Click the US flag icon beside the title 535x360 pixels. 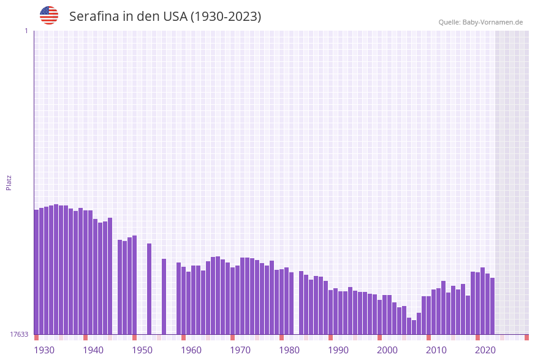pyautogui.click(x=49, y=15)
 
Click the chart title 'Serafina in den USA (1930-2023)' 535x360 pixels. pyautogui.click(x=165, y=17)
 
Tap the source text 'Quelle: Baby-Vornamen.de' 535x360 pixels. pyautogui.click(x=480, y=22)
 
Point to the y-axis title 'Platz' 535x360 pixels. pyautogui.click(x=9, y=182)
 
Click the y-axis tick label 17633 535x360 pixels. pyautogui.click(x=19, y=334)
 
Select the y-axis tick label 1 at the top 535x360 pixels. pyautogui.click(x=26, y=31)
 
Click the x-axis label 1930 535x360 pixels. pyautogui.click(x=44, y=350)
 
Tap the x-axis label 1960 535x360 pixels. pyautogui.click(x=191, y=350)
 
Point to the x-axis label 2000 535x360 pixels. pyautogui.click(x=387, y=350)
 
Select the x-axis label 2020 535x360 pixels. pyautogui.click(x=485, y=350)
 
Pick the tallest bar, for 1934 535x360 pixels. pyautogui.click(x=56, y=269)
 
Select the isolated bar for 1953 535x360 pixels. pyautogui.click(x=149, y=289)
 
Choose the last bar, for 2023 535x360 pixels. pyautogui.click(x=492, y=306)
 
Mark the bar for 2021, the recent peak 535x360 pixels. pyautogui.click(x=482, y=301)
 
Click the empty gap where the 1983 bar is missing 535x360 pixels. pyautogui.click(x=296, y=307)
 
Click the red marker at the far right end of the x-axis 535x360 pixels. pyautogui.click(x=526, y=337)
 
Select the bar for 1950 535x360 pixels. pyautogui.click(x=134, y=285)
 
